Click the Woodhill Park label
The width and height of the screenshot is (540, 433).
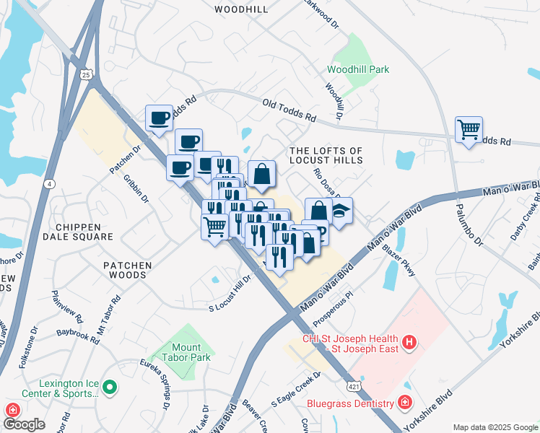pos(358,69)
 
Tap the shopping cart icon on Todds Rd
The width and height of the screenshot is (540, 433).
pos(469,131)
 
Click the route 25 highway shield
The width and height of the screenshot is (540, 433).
pos(86,75)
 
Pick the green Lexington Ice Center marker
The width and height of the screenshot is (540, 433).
pos(109,388)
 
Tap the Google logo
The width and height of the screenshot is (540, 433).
pos(25,424)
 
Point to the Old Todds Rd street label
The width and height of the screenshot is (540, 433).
pos(289,110)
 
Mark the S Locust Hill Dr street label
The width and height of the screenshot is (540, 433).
pos(229,293)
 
